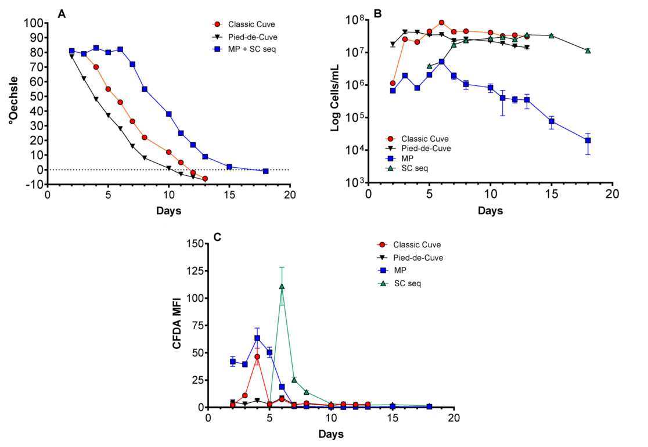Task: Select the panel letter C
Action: [x=217, y=236]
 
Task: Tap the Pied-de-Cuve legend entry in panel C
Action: [x=417, y=257]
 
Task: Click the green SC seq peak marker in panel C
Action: [x=282, y=286]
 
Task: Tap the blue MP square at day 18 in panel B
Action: [x=588, y=140]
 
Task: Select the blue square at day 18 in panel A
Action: [x=265, y=171]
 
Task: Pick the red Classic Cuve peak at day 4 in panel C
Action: [x=257, y=356]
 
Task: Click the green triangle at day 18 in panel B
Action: [x=588, y=51]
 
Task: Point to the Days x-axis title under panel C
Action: [x=331, y=434]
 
